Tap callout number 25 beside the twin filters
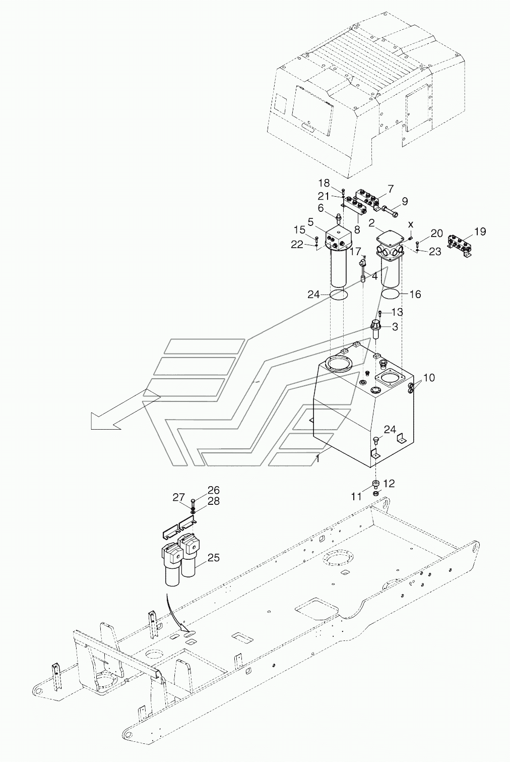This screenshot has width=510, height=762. [214, 558]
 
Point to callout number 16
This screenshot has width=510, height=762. [415, 294]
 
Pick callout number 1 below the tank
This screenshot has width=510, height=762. [317, 459]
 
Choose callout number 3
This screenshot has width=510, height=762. [395, 327]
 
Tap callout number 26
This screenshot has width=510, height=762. [214, 490]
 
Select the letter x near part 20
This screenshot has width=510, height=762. [411, 224]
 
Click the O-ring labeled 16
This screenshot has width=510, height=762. [391, 294]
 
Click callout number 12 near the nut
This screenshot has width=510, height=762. [389, 484]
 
